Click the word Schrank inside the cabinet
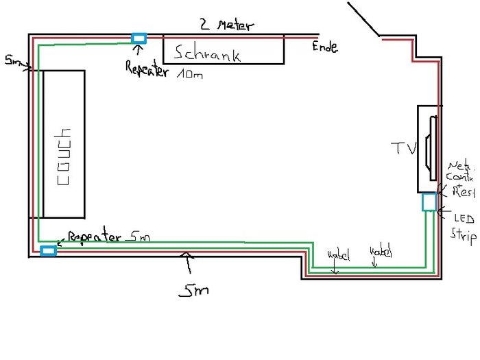pos(208,53)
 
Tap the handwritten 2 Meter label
pos(226,25)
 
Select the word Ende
pos(324,47)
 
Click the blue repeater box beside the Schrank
pos(139,38)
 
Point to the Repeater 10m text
pos(165,69)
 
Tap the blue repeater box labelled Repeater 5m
pos(48,251)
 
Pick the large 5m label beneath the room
pos(193,291)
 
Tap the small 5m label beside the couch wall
pos(11,62)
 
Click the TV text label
pos(403,147)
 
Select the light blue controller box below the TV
pos(429,202)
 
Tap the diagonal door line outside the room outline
pos(363,19)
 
